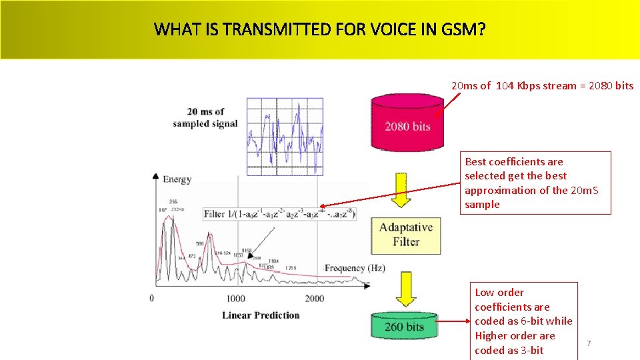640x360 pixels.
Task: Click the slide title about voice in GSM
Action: click(319, 29)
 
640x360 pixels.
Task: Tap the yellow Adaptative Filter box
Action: click(405, 235)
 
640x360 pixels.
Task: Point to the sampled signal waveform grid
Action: click(285, 137)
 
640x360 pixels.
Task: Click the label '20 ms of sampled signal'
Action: click(205, 117)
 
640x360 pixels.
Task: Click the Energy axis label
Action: click(177, 179)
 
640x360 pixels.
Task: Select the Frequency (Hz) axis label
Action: click(354, 268)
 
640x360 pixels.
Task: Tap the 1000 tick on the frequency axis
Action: click(236, 299)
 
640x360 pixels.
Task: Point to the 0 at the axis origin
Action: click(151, 298)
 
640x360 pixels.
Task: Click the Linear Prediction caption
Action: click(261, 315)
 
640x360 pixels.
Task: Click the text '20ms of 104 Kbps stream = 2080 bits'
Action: click(542, 85)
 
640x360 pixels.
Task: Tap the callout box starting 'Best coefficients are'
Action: click(537, 183)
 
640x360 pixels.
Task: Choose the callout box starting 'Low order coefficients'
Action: click(523, 321)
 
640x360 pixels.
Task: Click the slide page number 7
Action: click(589, 343)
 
